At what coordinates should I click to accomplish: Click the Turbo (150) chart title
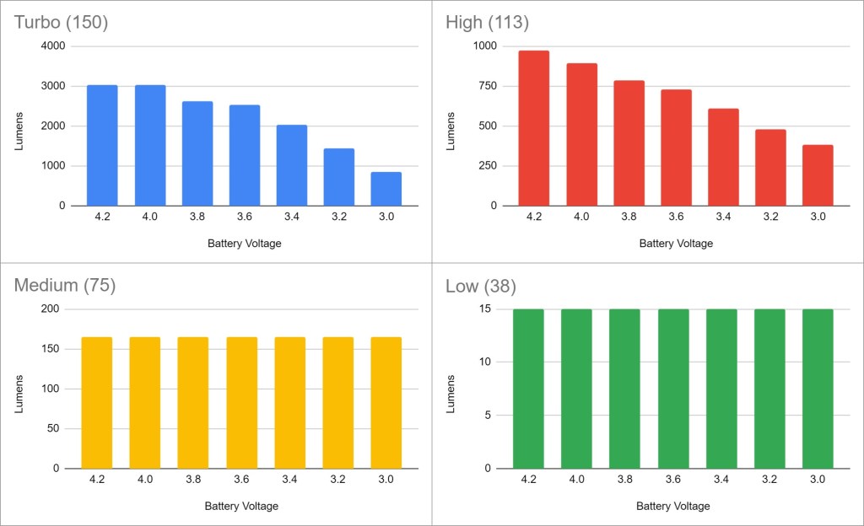pos(62,22)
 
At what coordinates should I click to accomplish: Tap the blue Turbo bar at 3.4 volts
pos(291,165)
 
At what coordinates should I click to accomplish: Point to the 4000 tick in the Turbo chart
pos(53,46)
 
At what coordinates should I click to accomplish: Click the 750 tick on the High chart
pos(487,86)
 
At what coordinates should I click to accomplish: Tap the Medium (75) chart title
pos(65,285)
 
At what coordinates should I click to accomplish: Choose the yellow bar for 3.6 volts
pos(242,403)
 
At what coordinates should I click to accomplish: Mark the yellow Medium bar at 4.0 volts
pos(145,403)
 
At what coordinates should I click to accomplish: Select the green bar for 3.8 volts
pos(625,389)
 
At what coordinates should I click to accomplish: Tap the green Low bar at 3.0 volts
pos(818,389)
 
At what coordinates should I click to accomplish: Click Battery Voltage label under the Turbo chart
pos(244,244)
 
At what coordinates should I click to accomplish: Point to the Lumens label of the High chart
pos(451,126)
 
